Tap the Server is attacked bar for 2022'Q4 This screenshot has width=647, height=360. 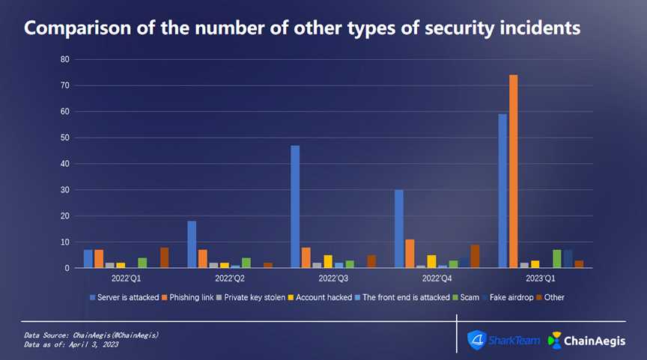point(399,229)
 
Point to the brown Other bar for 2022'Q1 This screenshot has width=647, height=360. point(164,257)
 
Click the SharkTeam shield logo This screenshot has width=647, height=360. point(476,339)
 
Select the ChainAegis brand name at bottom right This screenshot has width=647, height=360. point(600,340)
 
